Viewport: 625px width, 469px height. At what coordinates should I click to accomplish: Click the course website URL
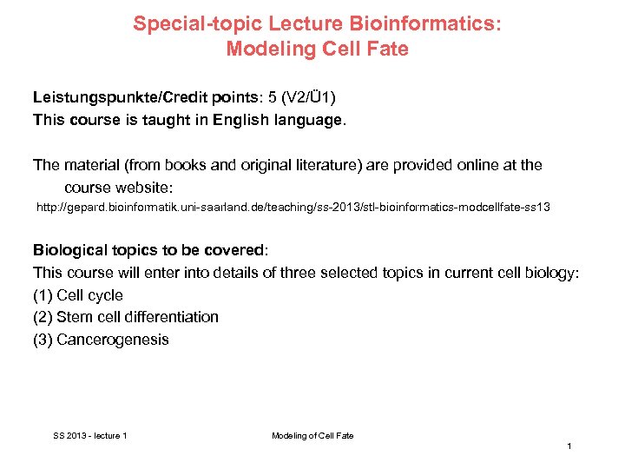(x=293, y=208)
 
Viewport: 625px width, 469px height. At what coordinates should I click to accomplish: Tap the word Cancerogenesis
(x=113, y=340)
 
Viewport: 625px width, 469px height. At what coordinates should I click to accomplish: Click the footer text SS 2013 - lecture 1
(x=89, y=435)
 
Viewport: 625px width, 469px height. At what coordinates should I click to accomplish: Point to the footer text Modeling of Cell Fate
(x=312, y=435)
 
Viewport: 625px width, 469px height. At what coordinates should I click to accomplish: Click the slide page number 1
(x=569, y=446)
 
